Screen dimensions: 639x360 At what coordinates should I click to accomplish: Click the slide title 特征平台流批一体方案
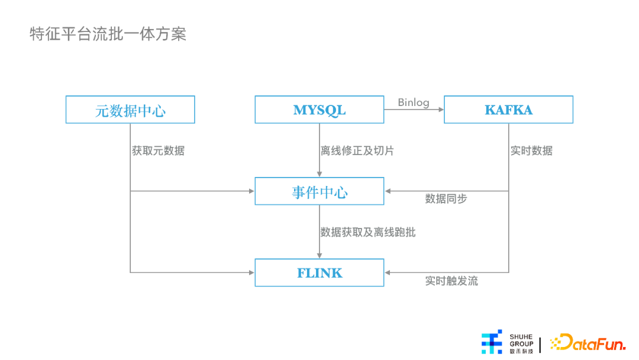pos(108,34)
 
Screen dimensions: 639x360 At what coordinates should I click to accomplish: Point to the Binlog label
pos(413,102)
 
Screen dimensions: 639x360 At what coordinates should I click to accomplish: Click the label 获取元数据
pos(158,151)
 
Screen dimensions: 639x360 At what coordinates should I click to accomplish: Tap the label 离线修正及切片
pos(357,151)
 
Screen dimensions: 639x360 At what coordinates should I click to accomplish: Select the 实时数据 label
pos(531,151)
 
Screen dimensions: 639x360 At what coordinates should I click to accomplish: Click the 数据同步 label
pos(446,198)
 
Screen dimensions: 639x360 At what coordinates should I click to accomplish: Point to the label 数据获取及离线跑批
pos(367,232)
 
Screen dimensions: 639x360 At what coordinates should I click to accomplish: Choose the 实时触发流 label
pos(451,281)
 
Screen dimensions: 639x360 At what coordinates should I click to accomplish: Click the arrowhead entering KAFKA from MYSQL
pos(441,110)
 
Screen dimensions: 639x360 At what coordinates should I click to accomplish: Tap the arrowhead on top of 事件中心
pos(319,175)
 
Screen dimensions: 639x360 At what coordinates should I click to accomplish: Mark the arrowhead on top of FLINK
pos(319,256)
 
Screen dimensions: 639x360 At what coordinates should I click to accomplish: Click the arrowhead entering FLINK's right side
pos(387,272)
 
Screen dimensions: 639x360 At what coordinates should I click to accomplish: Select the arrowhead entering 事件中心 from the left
pos(252,191)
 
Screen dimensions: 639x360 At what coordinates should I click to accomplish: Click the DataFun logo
pos(588,342)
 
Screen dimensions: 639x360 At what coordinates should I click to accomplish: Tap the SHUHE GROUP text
pos(521,340)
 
